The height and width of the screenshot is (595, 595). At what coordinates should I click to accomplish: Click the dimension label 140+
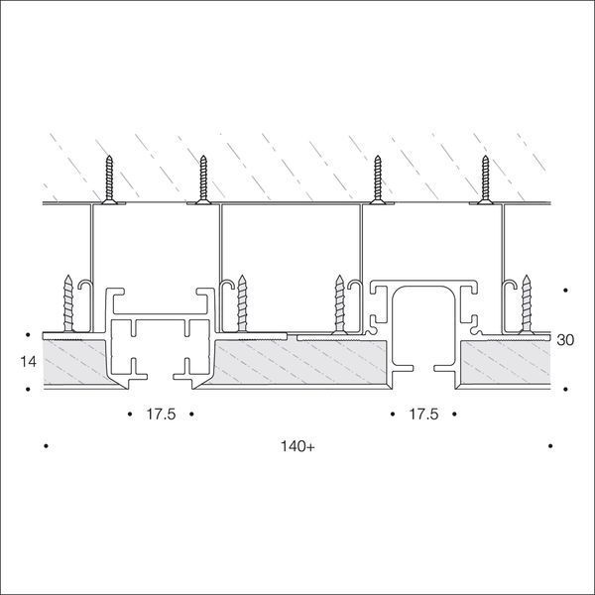coord(297,446)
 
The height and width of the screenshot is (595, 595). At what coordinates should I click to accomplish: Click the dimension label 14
coord(29,362)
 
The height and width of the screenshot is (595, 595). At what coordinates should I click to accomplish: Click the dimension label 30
coord(565,340)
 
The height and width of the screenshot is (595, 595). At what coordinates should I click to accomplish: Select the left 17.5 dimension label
coord(161,414)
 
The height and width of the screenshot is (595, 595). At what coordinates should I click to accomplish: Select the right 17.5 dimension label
coord(423,414)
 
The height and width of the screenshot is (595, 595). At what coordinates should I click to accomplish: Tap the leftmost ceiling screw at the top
coord(109,179)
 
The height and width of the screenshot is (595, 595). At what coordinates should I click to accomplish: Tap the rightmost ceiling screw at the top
coord(485,179)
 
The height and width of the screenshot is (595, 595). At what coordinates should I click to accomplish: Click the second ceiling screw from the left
coord(203,179)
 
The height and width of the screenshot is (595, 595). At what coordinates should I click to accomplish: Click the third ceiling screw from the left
coord(378,179)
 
